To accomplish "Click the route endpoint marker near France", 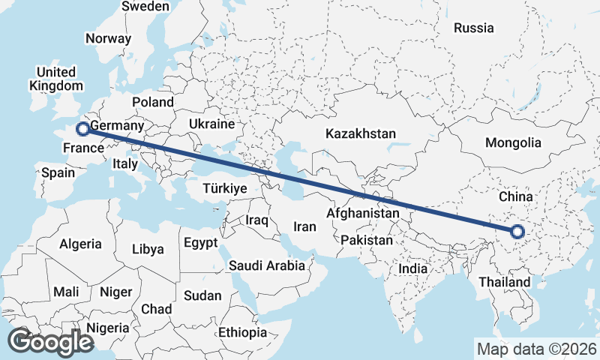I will coord(83,128).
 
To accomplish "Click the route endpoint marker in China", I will coord(517,231).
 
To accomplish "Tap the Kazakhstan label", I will coord(360,134).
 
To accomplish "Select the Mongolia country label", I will coord(513,142).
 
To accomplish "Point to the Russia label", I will coord(474,28).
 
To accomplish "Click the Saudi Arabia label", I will coord(267,265).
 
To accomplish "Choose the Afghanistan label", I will coord(363,213).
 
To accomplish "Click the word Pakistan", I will coord(366,240).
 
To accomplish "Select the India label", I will coord(412,268).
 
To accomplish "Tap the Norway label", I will coord(108,39).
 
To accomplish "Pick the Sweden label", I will coord(145,6).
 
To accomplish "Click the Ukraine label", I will coord(211,124).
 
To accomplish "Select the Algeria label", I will coord(80,244).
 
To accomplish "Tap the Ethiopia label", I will coord(242,332).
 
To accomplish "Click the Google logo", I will coord(51,342).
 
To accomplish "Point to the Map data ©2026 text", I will coord(537,349).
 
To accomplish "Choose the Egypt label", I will coord(200,243).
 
